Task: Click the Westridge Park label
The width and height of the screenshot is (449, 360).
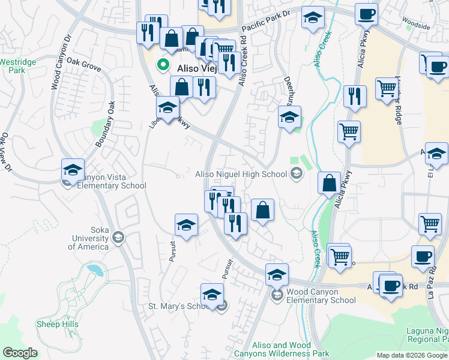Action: tap(16, 65)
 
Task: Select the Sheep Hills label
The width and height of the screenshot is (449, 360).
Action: tap(58, 324)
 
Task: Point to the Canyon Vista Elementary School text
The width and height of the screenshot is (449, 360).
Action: tap(112, 181)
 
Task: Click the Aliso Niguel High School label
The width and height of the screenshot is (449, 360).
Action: tap(241, 174)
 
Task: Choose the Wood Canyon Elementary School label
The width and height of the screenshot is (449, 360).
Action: tap(321, 296)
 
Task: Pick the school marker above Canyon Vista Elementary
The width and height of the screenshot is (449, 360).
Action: tap(73, 170)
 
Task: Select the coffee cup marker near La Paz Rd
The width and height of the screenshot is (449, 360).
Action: tap(423, 256)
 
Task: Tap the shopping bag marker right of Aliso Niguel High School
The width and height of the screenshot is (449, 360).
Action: tap(329, 183)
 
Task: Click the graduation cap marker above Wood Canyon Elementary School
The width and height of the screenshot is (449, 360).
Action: tap(276, 274)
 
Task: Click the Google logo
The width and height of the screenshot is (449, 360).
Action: tap(20, 353)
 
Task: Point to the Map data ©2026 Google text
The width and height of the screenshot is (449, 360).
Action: tap(412, 355)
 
